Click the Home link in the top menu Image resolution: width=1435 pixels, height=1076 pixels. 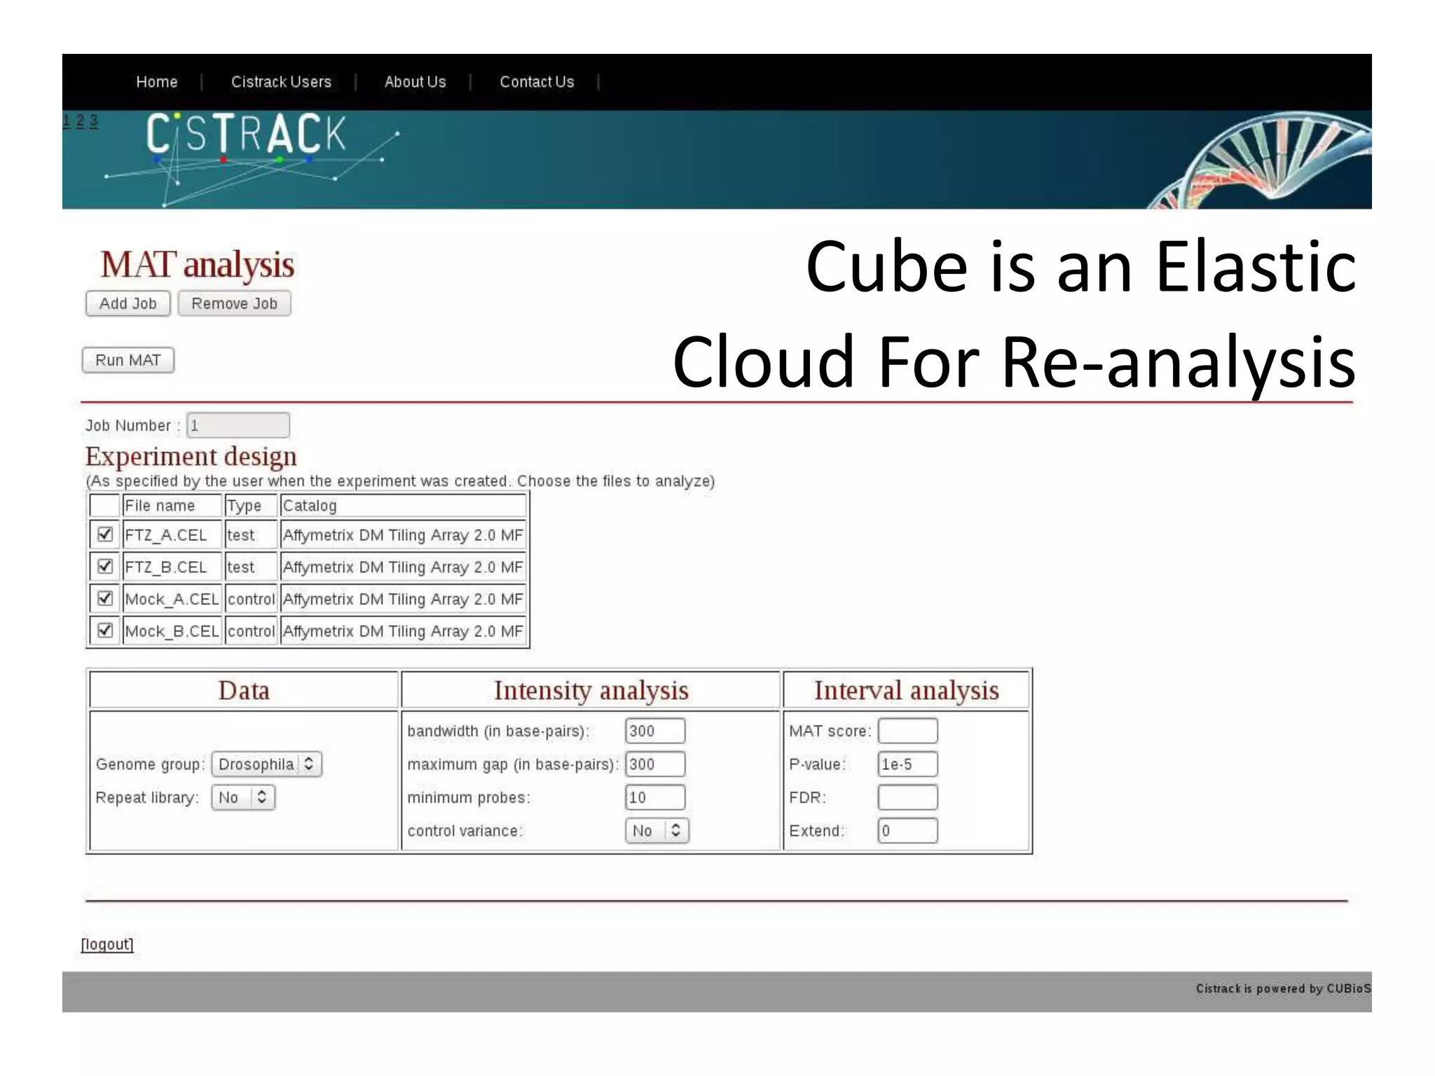[x=156, y=82]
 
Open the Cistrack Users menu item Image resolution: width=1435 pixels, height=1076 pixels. [x=281, y=82]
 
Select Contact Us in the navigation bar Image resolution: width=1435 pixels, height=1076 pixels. [x=537, y=82]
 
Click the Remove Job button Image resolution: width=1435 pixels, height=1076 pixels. [x=234, y=303]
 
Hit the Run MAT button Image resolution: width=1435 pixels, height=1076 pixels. [x=128, y=360]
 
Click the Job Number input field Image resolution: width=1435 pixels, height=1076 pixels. [x=238, y=425]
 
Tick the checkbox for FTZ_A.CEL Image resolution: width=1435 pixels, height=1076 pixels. [x=105, y=534]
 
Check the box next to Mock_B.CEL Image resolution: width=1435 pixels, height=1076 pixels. [x=105, y=630]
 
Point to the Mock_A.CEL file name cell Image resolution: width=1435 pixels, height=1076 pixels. [x=172, y=599]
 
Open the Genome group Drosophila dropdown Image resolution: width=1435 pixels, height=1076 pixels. [x=266, y=764]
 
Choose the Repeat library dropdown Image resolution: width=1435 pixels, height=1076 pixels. [x=242, y=797]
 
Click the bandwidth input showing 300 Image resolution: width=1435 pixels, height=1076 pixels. [x=654, y=731]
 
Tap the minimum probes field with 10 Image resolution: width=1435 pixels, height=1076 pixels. [x=654, y=797]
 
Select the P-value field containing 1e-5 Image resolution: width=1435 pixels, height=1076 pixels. [x=907, y=764]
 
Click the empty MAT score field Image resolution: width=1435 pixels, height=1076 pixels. [x=907, y=731]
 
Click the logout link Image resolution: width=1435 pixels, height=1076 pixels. [x=107, y=944]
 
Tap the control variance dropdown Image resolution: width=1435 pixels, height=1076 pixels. [x=657, y=830]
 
